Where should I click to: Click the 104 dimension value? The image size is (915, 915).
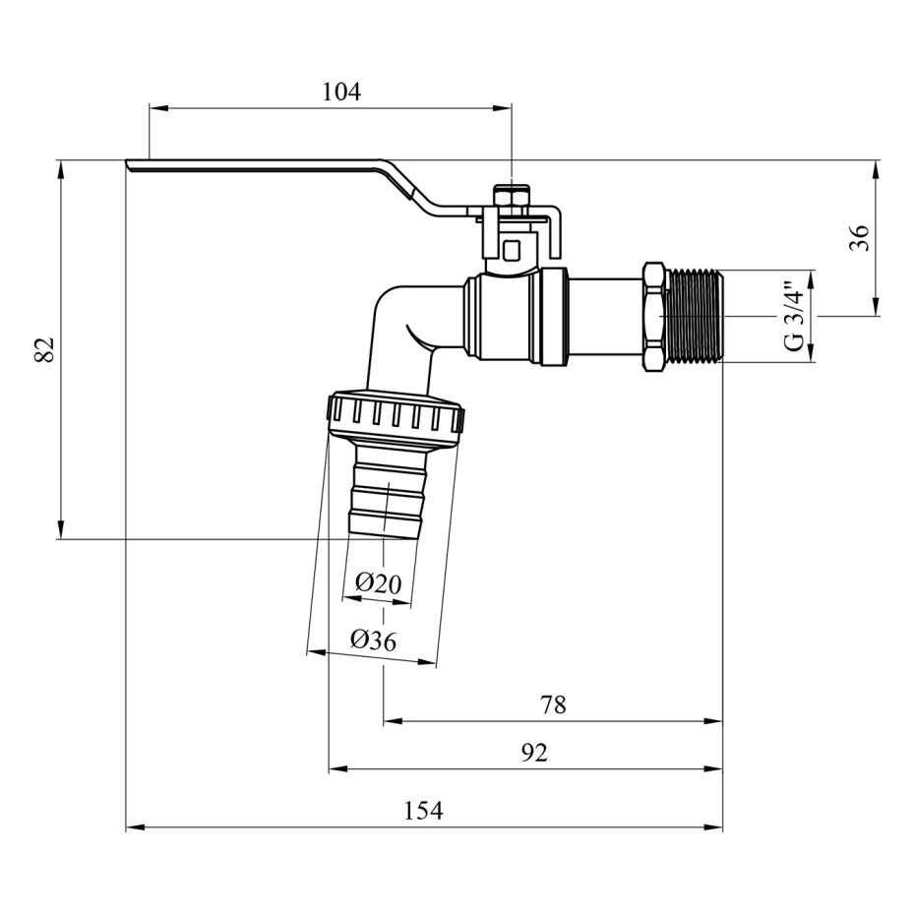coord(341,92)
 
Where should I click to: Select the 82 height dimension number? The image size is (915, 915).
coord(44,349)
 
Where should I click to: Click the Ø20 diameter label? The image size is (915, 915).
coord(379,582)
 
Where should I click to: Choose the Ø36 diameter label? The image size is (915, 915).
coord(373,640)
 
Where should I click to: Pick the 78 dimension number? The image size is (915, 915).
coord(553,704)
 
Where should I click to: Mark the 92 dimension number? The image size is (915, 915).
coord(533,754)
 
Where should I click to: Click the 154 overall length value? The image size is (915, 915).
coord(424,812)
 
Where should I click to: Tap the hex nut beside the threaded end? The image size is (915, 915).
coord(654,316)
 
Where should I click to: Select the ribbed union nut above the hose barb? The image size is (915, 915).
coord(394,417)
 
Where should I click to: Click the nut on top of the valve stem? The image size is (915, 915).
coord(510,199)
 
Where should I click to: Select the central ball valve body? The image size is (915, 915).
coord(512,315)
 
